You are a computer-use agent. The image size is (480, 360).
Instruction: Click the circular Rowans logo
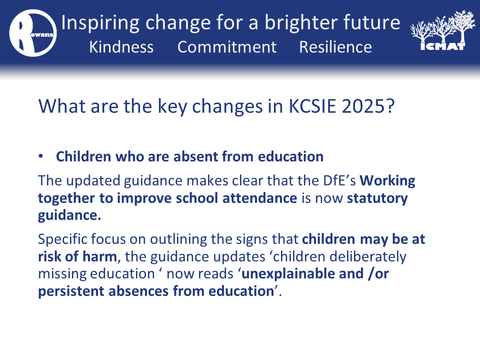pos(33,33)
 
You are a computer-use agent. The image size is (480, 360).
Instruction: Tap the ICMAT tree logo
pos(442,30)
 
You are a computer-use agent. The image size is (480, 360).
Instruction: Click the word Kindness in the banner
pos(121,47)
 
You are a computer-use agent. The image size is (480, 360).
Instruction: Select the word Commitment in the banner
pos(227,47)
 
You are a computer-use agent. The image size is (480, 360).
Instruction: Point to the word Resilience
pos(335,47)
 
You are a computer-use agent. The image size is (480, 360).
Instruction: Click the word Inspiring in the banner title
pos(100,23)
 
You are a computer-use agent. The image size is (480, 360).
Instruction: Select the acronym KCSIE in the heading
pos(312,106)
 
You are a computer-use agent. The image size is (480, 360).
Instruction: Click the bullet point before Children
pos(40,156)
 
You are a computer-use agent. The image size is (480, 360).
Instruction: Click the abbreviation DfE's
pos(339,180)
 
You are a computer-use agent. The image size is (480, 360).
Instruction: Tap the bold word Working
pos(387,181)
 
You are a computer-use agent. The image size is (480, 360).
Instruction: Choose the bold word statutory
pos(377,198)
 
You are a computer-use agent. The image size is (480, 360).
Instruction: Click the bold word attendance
pos(259,198)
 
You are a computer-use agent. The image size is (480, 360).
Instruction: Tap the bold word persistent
pos(71,291)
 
